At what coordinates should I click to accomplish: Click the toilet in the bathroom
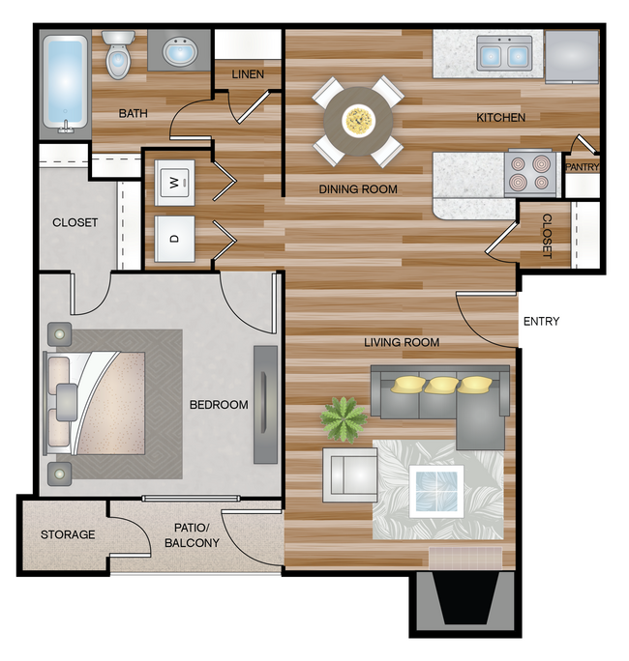[x=118, y=55]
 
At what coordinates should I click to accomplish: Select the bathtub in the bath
[x=65, y=84]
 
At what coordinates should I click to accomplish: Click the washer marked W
[x=174, y=183]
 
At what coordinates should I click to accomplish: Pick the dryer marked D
[x=174, y=239]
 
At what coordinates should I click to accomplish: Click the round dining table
[x=358, y=121]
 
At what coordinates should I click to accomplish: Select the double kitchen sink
[x=504, y=53]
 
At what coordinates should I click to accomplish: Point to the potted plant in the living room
[x=344, y=419]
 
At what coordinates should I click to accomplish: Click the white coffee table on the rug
[x=436, y=492]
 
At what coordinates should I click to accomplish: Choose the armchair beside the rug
[x=350, y=474]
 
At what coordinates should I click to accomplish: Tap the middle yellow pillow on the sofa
[x=441, y=386]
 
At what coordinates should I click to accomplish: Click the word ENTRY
[x=541, y=322]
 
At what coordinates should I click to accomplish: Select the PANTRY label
[x=583, y=167]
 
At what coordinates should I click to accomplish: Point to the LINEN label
[x=248, y=74]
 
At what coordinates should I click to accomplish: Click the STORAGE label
[x=68, y=534]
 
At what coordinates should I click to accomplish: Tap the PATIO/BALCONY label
[x=192, y=535]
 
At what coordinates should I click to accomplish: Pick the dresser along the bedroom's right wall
[x=265, y=405]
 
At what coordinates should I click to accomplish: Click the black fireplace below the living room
[x=465, y=598]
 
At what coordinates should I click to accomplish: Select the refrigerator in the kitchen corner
[x=572, y=56]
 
